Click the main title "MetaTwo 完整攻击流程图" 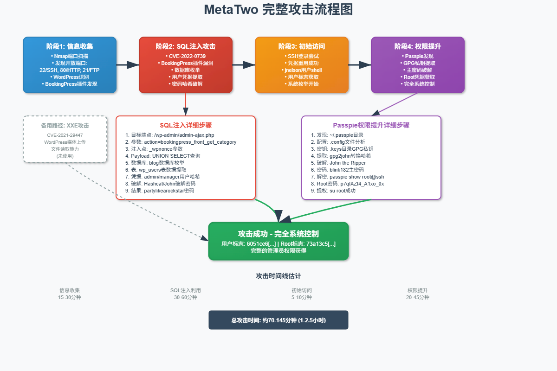(278, 10)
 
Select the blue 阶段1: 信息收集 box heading (70, 46)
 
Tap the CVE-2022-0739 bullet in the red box (186, 56)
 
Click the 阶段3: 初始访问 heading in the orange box (302, 46)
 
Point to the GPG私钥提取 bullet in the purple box (418, 63)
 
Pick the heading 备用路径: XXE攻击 (65, 126)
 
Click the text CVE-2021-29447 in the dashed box (65, 135)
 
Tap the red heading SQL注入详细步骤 (186, 125)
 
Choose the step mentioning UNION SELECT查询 (163, 156)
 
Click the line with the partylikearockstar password (160, 191)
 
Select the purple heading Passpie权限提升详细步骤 (371, 125)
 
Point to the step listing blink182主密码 (341, 170)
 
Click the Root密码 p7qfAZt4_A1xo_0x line (348, 184)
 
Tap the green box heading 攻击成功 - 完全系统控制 (278, 234)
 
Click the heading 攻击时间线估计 (278, 276)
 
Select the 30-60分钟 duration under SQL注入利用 (186, 297)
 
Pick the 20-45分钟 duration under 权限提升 (418, 297)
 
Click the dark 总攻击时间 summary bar (278, 320)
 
